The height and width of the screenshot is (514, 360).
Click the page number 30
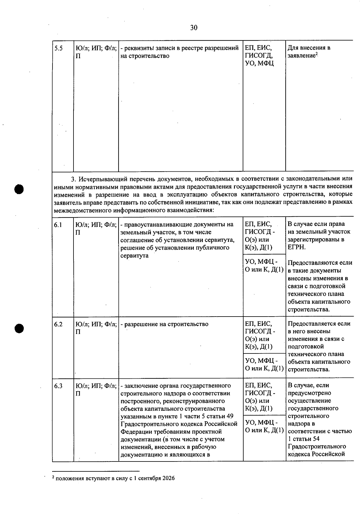(194, 28)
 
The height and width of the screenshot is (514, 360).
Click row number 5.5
(58, 48)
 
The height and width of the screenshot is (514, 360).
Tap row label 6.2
(58, 324)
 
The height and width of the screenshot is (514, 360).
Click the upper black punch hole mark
(19, 189)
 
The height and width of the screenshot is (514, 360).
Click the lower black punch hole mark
(19, 328)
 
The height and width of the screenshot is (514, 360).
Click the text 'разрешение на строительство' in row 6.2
(166, 324)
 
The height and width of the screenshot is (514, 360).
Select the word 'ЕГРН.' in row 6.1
(297, 247)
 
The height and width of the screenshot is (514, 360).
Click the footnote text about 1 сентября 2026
(114, 478)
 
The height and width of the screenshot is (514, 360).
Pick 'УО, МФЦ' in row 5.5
(259, 64)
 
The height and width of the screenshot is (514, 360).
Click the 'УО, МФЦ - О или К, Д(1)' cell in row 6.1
(264, 266)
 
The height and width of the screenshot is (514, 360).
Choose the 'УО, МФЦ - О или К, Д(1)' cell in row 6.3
(264, 426)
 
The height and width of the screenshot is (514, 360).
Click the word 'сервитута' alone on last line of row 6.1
(134, 256)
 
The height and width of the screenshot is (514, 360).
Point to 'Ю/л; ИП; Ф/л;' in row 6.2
(96, 324)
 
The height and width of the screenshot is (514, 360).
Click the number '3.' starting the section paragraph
(73, 179)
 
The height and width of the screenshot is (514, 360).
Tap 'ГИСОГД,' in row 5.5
(259, 56)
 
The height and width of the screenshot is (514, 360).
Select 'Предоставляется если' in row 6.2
(319, 324)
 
